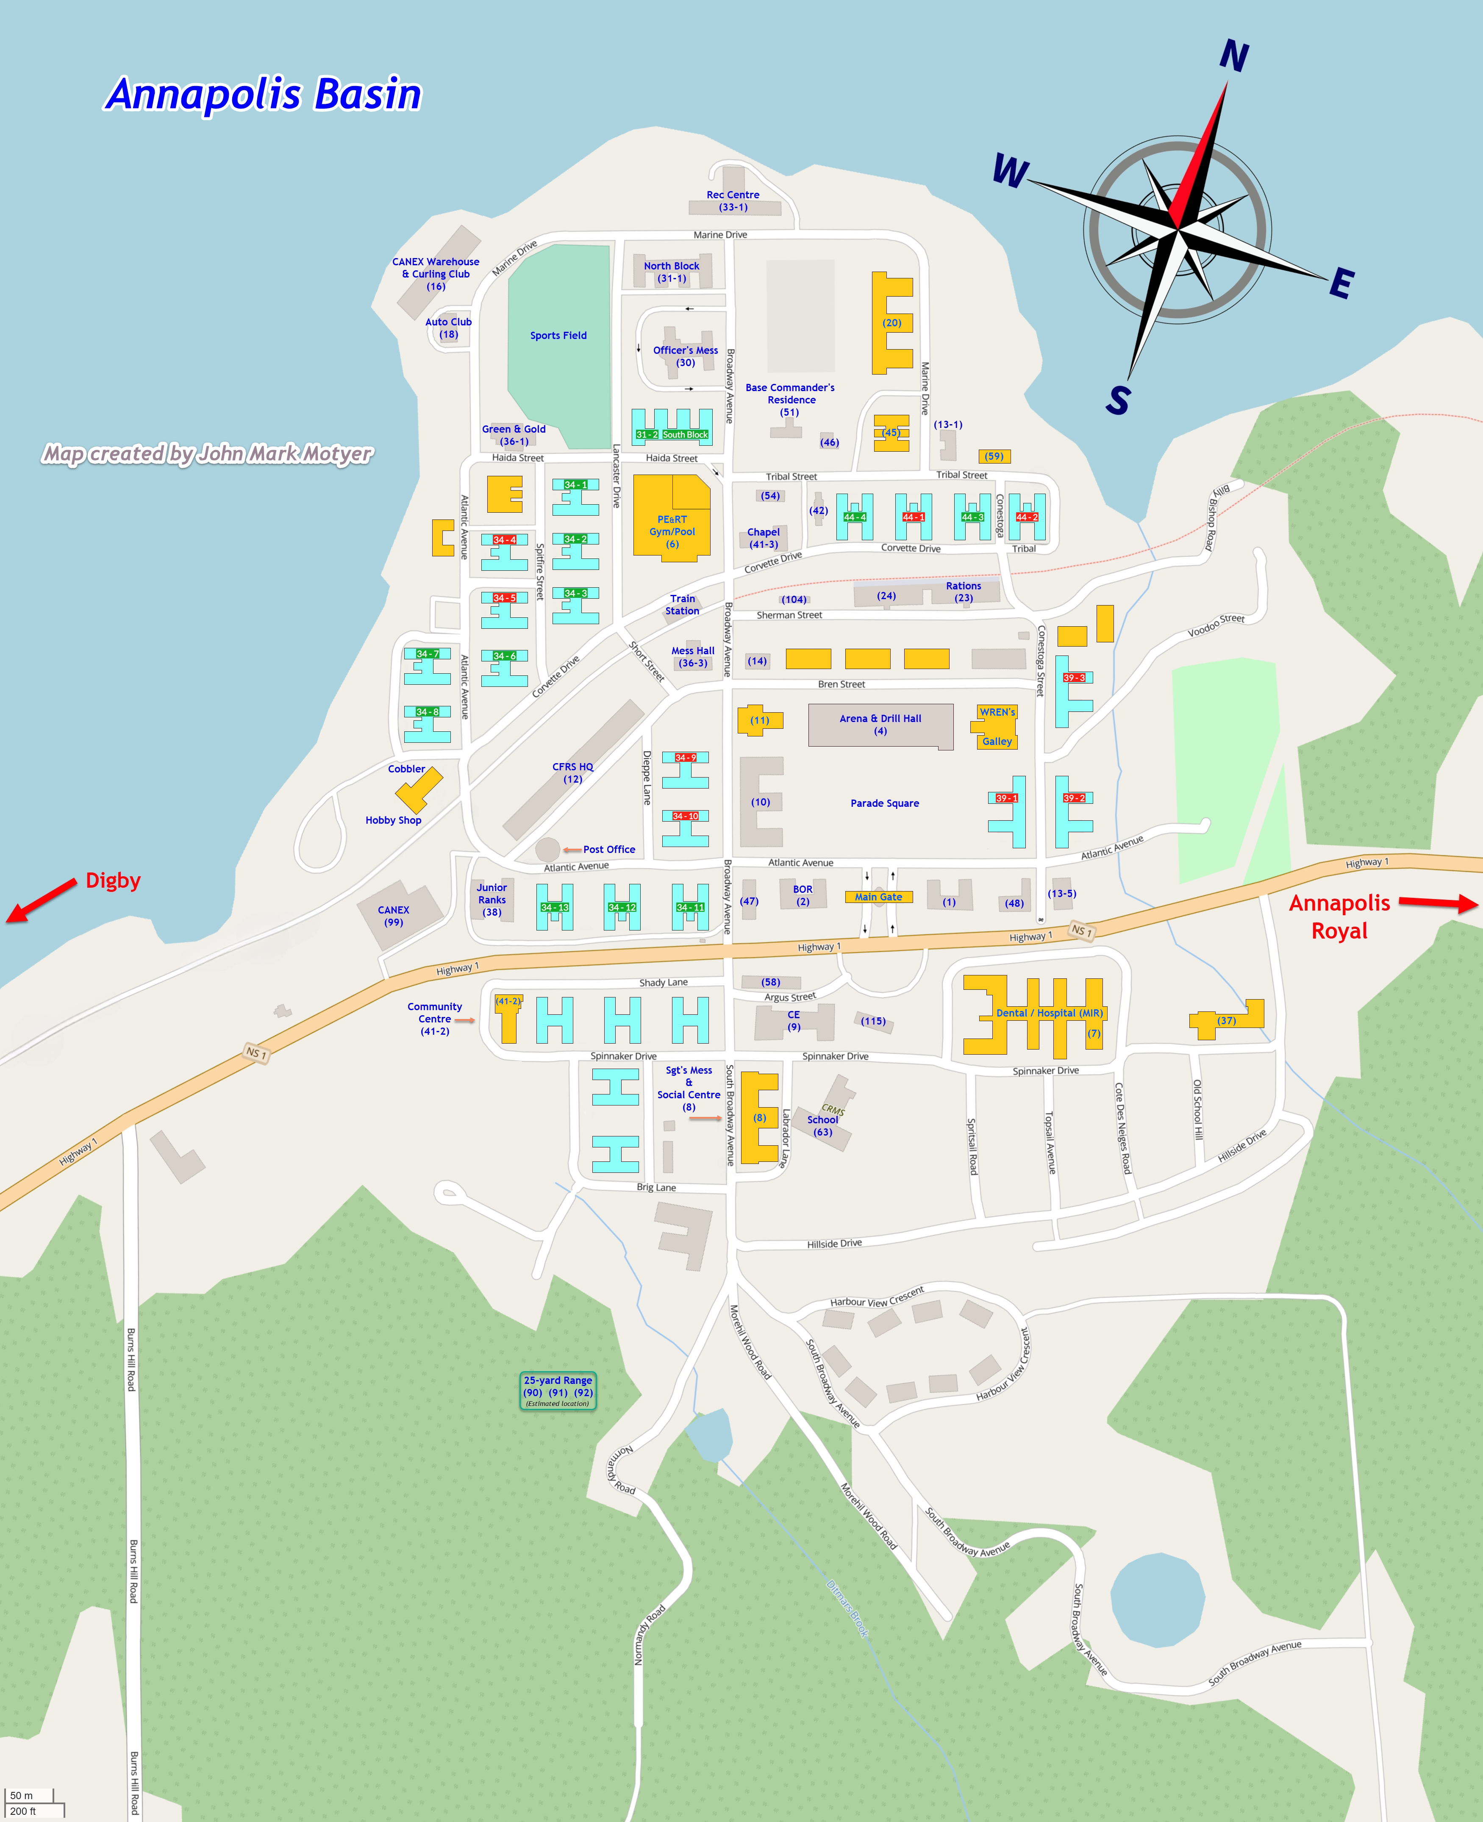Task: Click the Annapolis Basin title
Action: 263,94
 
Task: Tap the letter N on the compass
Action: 1233,56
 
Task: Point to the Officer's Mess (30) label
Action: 685,356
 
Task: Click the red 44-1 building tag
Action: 913,517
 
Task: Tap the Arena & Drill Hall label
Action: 880,725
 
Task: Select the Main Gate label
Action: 878,897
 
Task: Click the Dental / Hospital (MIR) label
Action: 1049,1013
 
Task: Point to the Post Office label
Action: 609,849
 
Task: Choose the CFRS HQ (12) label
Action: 572,773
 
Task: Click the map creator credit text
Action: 208,453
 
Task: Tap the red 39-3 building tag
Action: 1074,678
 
